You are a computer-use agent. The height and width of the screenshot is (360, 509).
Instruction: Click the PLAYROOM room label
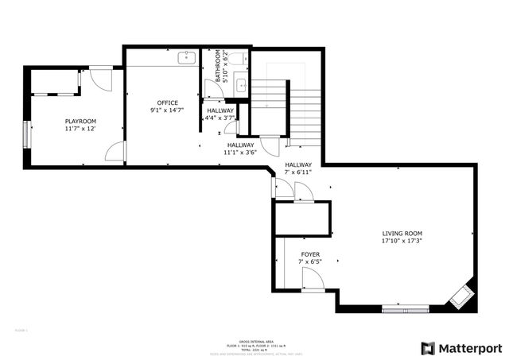pos(80,121)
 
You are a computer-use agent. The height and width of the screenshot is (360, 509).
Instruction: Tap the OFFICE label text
pos(167,103)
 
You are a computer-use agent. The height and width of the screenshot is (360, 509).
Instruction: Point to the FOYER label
pos(310,254)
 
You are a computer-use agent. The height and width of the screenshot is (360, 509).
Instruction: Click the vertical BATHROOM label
pos(218,67)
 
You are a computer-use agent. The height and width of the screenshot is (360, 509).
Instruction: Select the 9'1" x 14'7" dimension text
pos(167,110)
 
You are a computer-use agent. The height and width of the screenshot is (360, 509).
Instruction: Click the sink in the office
pos(186,57)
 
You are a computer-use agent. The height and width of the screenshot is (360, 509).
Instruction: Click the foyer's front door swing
pos(313,279)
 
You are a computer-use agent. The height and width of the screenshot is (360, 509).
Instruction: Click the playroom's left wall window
pos(28,133)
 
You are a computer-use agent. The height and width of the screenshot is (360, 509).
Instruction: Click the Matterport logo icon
pos(429,348)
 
